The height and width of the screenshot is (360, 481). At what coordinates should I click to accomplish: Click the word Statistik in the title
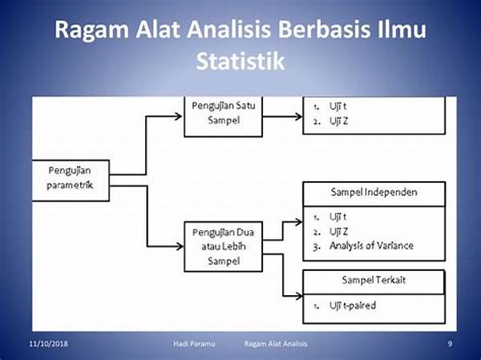pos(240,62)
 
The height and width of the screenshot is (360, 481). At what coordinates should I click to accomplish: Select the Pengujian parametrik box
pos(71,180)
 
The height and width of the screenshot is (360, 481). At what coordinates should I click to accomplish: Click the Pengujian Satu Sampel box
pos(224,116)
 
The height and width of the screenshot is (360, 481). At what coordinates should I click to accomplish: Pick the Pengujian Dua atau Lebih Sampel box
pos(224,246)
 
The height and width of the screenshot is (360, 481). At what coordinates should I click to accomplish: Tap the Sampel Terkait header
pos(374,281)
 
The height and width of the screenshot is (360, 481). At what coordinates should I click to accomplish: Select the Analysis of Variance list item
pos(371,245)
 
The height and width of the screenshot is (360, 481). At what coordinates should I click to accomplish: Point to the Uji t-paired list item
pos(353,305)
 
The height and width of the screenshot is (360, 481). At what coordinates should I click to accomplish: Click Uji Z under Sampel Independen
pos(338,231)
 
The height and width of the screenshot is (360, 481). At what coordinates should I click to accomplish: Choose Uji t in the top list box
pos(338,106)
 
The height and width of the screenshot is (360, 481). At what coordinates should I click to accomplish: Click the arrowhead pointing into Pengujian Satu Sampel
pos(178,116)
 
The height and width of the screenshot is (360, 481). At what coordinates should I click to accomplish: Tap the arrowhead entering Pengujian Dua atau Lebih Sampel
pos(179,246)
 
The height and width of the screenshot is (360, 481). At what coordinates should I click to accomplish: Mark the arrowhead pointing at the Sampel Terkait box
pos(298,296)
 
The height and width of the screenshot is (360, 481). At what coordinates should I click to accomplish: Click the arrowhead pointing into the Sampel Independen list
pos(298,222)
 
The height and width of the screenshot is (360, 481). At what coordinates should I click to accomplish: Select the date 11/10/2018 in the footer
pos(48,343)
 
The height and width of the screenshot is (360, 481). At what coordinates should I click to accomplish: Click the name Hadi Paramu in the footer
pos(194,343)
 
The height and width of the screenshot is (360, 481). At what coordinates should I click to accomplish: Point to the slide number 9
pos(450,343)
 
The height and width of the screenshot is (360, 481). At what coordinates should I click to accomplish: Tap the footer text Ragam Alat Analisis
pos(276,343)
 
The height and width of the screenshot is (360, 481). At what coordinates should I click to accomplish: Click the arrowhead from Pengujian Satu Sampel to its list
pos(298,116)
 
